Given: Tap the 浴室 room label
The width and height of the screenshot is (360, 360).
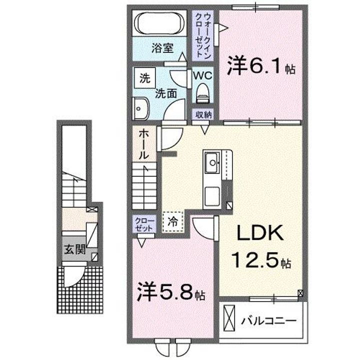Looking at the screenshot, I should [162, 48].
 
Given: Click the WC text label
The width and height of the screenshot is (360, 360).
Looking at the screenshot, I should [203, 75].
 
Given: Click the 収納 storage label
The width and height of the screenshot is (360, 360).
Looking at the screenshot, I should [203, 114].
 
